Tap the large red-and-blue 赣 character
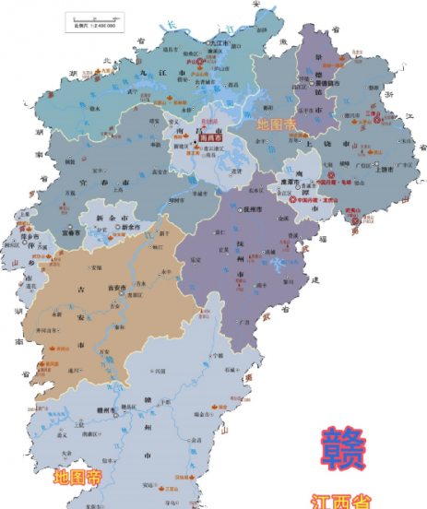tap(344, 450)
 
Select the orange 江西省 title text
tap(343, 502)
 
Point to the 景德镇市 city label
tap(328, 82)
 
